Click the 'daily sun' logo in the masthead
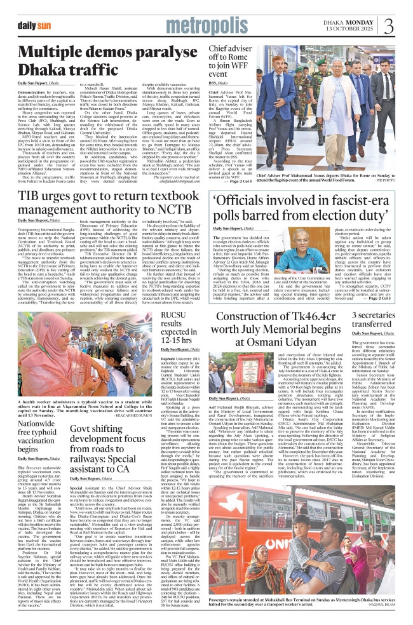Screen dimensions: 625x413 pyautogui.click(x=35, y=25)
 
